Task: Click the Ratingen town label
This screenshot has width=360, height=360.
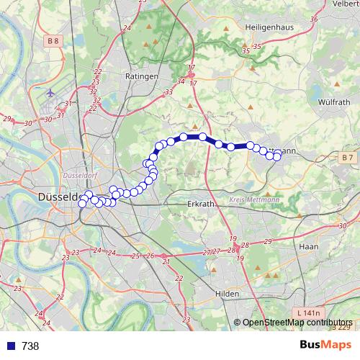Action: (141, 76)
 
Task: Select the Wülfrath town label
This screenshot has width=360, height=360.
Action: (333, 102)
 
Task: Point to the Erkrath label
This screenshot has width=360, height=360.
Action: (199, 204)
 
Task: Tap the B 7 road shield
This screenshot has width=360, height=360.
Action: (348, 157)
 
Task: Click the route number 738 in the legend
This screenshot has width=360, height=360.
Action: (30, 346)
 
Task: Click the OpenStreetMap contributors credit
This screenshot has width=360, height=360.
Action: (298, 323)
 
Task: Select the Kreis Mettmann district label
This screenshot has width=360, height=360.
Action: (254, 199)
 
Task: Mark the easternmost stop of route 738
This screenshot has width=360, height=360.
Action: (277, 156)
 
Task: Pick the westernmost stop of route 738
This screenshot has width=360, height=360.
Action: (82, 204)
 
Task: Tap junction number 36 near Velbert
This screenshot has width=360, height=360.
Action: (312, 19)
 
